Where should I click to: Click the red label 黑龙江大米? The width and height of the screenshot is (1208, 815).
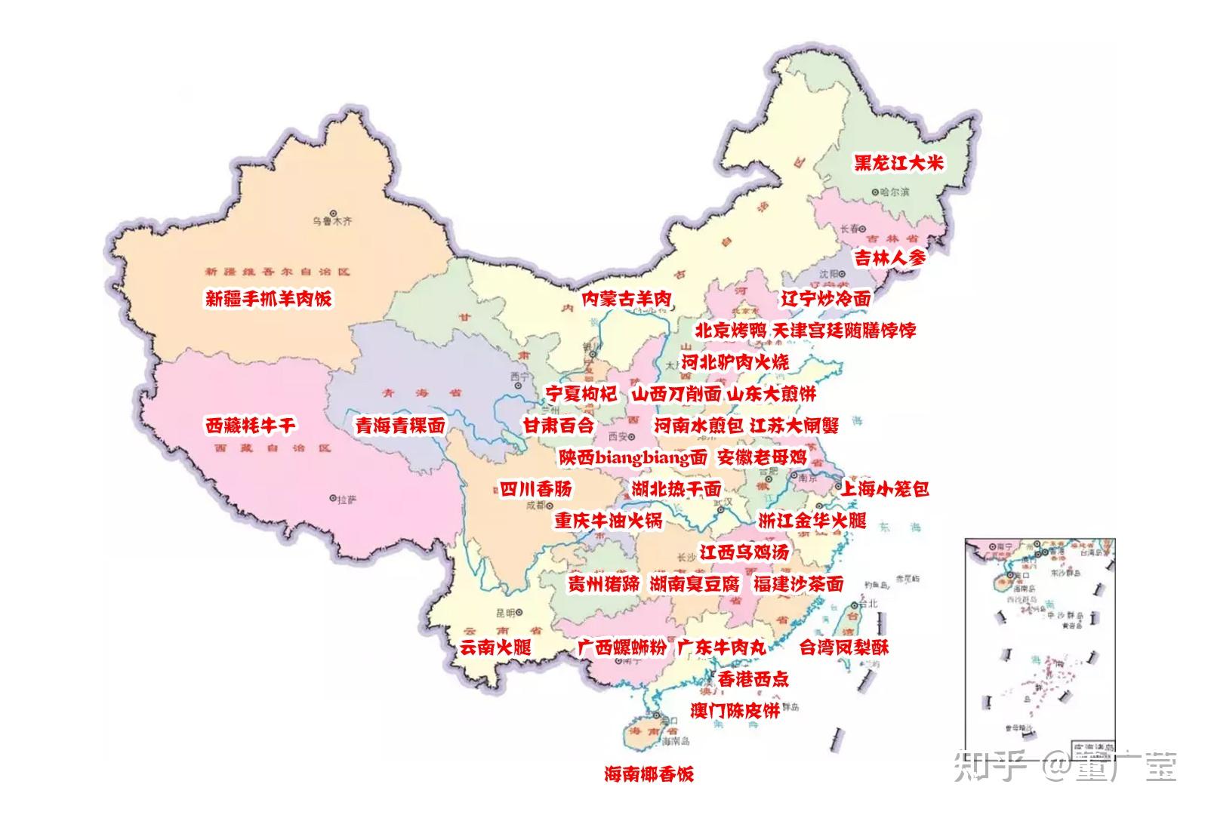click(898, 163)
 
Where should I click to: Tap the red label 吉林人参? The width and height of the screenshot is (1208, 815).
click(889, 257)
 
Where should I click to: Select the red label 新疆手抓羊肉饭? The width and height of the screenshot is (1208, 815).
click(268, 298)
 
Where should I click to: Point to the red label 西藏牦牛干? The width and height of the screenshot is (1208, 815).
click(250, 426)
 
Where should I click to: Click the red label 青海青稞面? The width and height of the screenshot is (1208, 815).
click(400, 426)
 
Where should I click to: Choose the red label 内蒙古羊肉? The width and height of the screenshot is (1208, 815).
click(627, 299)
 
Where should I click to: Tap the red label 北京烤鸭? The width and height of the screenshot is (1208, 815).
click(730, 331)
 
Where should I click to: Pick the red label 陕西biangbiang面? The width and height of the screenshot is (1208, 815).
click(633, 457)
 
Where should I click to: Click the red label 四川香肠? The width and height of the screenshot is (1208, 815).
click(536, 489)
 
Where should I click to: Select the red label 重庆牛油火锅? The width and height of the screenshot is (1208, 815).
click(609, 521)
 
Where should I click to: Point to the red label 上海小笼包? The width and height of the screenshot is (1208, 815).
click(884, 489)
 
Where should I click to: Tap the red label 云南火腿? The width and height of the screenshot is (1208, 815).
click(495, 647)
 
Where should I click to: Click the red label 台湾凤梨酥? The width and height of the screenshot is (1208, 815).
click(844, 647)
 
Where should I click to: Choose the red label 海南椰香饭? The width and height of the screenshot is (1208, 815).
click(649, 773)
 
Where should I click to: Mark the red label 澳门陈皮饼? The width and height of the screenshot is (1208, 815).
click(735, 710)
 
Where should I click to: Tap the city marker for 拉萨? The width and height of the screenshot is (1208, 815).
click(333, 498)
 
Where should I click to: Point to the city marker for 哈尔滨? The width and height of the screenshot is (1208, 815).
click(875, 192)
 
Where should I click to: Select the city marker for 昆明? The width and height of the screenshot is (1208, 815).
click(520, 612)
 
